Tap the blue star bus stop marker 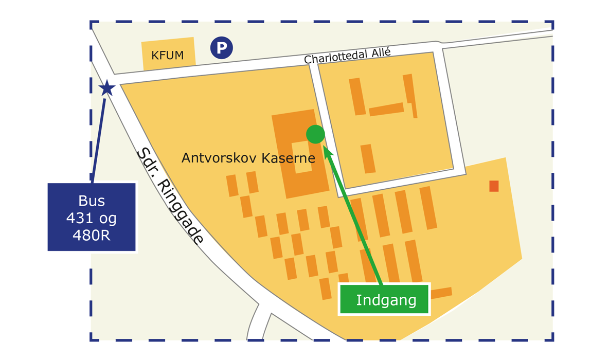tap(106, 88)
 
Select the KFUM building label tap(168, 55)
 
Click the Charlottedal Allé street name tap(347, 56)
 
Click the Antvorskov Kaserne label tap(248, 158)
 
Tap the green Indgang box tap(383, 299)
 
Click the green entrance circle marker tap(315, 134)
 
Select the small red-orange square tap(494, 186)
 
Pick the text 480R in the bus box tap(92, 235)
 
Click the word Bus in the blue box tap(92, 201)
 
